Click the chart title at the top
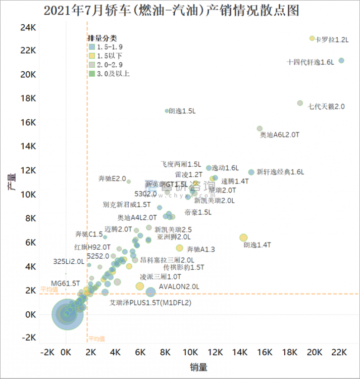pyautogui.click(x=180, y=10)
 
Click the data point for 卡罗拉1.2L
pyautogui.click(x=312, y=38)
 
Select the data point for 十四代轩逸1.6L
pyautogui.click(x=341, y=61)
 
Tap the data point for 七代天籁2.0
pyautogui.click(x=300, y=103)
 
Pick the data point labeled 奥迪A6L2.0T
pyautogui.click(x=260, y=129)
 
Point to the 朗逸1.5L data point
pyautogui.click(x=167, y=111)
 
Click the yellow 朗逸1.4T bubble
pyautogui.click(x=243, y=238)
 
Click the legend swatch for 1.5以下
pyautogui.click(x=92, y=55)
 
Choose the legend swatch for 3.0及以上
pyautogui.click(x=92, y=73)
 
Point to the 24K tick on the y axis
pyautogui.click(x=27, y=26)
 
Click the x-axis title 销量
pyautogui.click(x=198, y=367)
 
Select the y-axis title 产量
pyautogui.click(x=11, y=182)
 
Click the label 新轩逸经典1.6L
pyautogui.click(x=280, y=172)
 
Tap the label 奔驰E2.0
pyautogui.click(x=112, y=178)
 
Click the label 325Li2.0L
pyautogui.click(x=68, y=261)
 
